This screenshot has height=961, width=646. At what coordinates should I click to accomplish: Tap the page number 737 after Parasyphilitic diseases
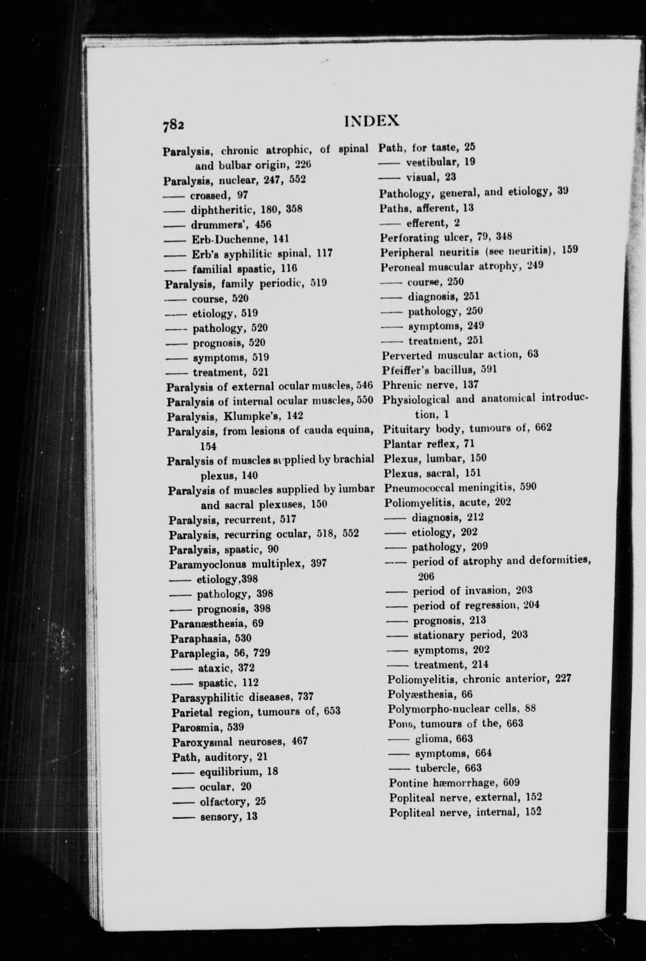(304, 696)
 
